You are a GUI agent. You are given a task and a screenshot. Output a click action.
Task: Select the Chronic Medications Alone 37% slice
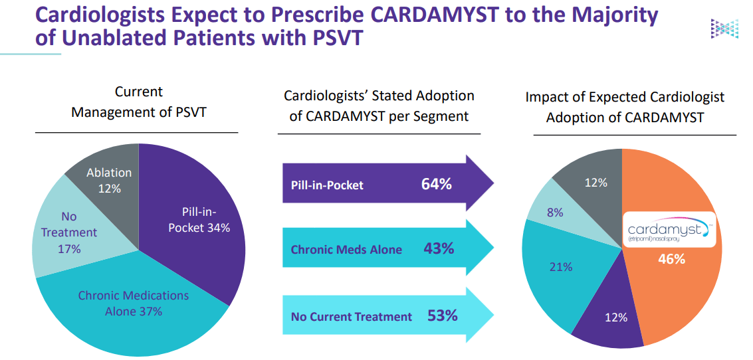click(x=133, y=306)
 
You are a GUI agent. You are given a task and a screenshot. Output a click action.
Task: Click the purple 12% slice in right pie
click(x=611, y=319)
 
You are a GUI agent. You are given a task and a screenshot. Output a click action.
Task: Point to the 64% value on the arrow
click(x=436, y=184)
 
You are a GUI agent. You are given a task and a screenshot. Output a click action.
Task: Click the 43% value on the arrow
click(x=439, y=249)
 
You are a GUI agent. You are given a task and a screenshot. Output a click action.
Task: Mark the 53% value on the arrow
click(x=443, y=315)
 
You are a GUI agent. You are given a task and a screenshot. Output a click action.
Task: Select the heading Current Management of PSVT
click(x=138, y=102)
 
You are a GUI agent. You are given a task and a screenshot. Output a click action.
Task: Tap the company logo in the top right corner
click(x=724, y=29)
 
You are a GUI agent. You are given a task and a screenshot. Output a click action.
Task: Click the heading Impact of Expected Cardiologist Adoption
click(x=625, y=107)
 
